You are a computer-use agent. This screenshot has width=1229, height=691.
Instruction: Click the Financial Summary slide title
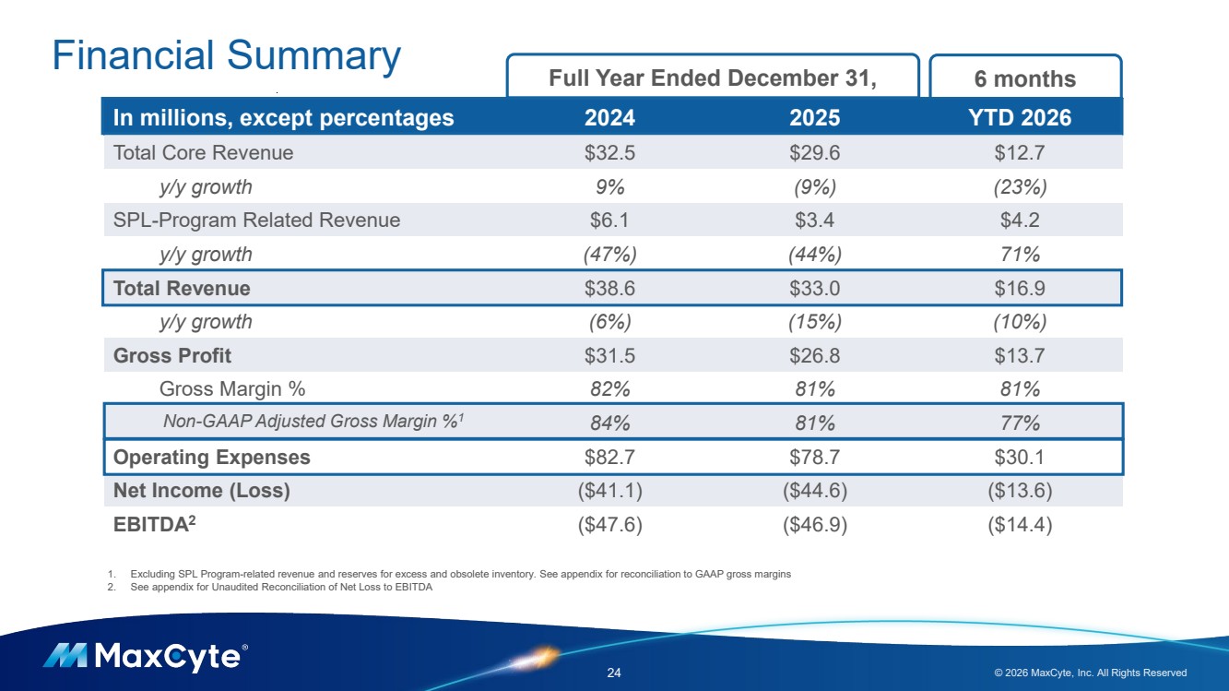227,56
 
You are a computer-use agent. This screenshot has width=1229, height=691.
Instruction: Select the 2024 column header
609,117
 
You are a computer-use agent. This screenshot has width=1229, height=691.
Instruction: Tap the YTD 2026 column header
1020,117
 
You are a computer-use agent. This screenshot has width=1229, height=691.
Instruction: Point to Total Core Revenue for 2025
814,152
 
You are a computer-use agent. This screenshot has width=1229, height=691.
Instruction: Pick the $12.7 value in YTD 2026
1020,152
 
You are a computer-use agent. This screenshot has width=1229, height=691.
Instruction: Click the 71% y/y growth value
1020,254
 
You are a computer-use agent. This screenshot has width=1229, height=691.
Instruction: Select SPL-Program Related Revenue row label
257,220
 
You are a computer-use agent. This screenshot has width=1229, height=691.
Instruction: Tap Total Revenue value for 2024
609,288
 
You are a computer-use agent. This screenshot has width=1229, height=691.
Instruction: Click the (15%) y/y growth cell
815,322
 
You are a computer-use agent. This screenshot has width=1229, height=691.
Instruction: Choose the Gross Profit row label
172,356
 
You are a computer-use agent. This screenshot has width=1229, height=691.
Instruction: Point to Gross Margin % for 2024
609,389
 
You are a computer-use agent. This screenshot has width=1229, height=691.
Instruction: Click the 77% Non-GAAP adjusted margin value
1020,423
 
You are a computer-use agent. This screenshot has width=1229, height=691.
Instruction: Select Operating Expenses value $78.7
814,457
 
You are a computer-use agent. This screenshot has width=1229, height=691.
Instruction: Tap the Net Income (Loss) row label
201,491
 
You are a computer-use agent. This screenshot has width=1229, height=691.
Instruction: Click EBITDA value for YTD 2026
1020,525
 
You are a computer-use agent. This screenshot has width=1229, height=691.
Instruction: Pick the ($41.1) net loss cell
609,491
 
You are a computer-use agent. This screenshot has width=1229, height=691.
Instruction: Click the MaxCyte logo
146,657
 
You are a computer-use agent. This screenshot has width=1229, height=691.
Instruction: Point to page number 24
614,673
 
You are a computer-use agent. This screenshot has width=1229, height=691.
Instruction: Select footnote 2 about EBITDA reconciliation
270,587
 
